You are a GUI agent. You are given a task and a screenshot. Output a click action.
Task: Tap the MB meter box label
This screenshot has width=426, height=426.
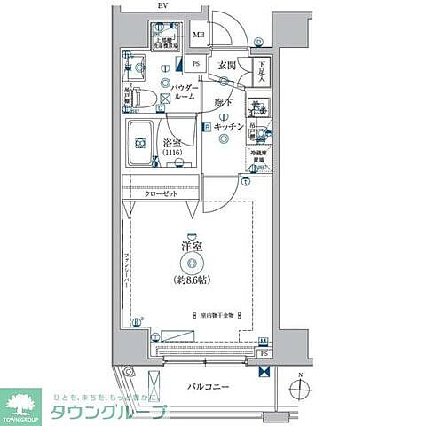click(199, 35)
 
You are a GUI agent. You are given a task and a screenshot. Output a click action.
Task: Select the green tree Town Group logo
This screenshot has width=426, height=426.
click(24, 404)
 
